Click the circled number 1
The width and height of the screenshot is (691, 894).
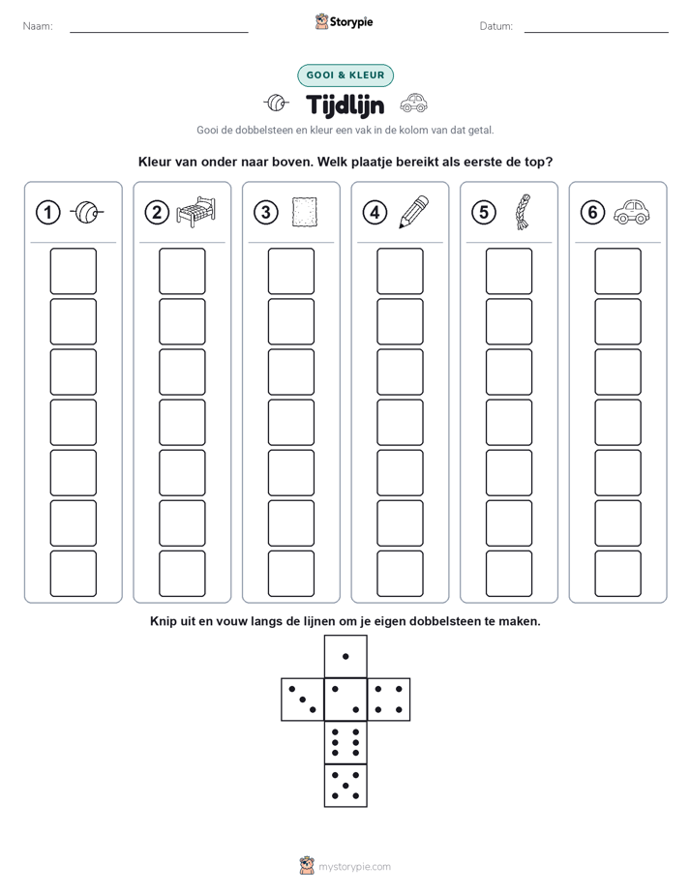click(x=47, y=213)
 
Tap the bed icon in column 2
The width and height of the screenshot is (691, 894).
click(x=196, y=212)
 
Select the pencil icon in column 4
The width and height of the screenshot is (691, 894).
click(x=413, y=212)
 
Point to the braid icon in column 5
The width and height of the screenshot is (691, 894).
click(x=523, y=212)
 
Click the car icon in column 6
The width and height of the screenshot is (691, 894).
click(x=632, y=212)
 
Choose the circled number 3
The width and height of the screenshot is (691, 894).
click(x=266, y=213)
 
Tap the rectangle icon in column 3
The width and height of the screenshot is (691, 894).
click(x=305, y=212)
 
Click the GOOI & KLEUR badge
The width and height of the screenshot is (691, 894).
click(x=345, y=75)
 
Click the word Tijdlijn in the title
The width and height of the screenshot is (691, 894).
click(x=345, y=104)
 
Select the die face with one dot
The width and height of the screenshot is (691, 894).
click(x=345, y=656)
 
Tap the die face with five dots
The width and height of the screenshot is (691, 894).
click(x=345, y=786)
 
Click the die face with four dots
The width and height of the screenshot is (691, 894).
click(x=389, y=700)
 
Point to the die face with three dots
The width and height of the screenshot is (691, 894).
click(x=303, y=700)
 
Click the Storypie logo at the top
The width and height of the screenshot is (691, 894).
click(x=345, y=22)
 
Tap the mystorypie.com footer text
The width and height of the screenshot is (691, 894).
click(x=354, y=867)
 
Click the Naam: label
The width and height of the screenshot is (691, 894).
click(x=38, y=26)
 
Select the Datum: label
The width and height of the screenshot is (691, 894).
click(x=496, y=26)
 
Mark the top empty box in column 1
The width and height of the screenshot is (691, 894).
click(x=73, y=271)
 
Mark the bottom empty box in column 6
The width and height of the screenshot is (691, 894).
click(x=618, y=574)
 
